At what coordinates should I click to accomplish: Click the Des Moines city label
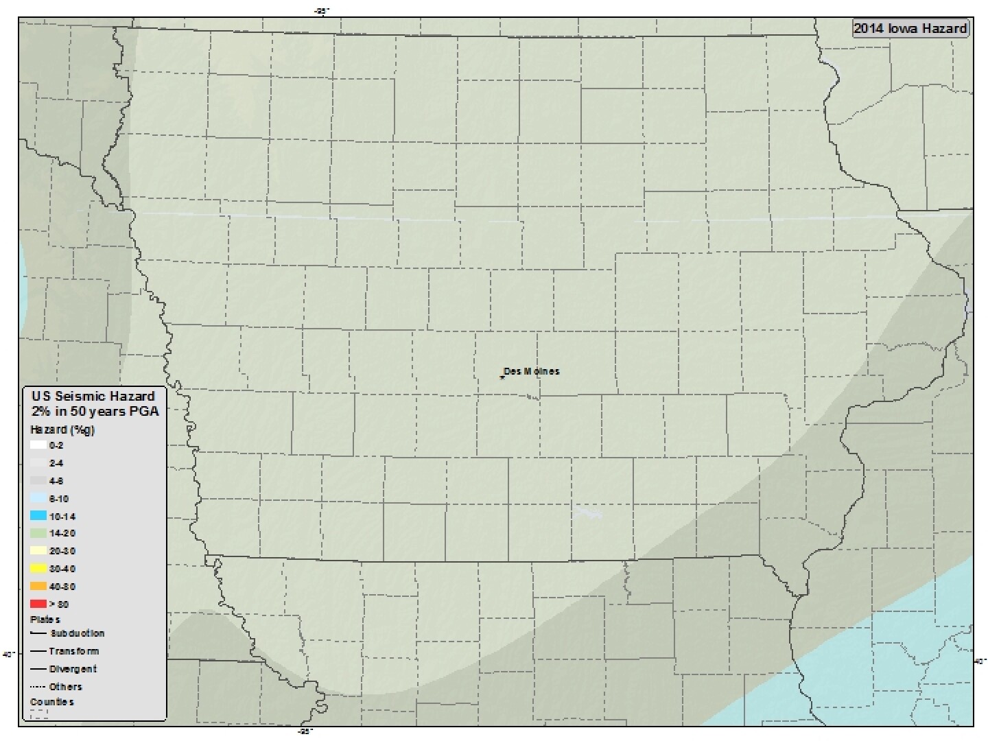coord(532,371)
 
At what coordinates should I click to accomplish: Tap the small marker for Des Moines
coord(502,377)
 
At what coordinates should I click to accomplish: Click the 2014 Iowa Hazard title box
coord(910,28)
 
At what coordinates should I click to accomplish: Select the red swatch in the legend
coord(38,604)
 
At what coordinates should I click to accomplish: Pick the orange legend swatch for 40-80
coord(38,586)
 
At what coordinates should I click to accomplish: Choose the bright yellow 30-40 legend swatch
coord(38,568)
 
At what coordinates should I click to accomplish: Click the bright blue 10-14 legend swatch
coord(38,516)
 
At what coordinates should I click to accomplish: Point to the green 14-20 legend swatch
coord(38,533)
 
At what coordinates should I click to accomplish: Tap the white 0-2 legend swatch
coord(38,445)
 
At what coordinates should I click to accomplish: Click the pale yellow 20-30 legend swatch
coord(38,551)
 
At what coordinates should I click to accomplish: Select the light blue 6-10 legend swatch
coord(38,498)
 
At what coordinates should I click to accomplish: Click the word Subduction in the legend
coord(77,633)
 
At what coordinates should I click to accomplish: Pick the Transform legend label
coord(73,651)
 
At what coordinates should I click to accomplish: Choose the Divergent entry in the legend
coord(73,669)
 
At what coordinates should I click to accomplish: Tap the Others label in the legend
coord(65,687)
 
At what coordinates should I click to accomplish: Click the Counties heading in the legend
coord(52,702)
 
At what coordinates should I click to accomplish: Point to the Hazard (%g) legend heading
coord(62,430)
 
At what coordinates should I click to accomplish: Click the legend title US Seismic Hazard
coord(93,396)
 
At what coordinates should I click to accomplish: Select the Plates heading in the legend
coord(45,620)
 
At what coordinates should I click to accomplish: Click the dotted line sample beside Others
coord(38,687)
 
